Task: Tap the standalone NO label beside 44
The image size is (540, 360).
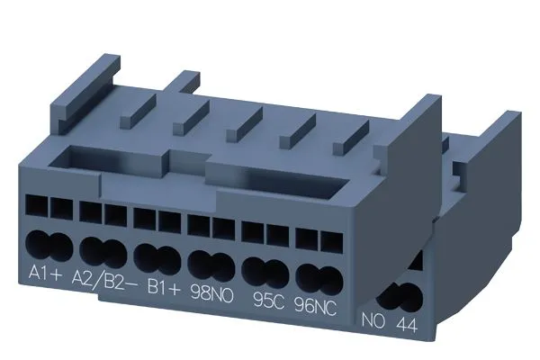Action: (x=372, y=319)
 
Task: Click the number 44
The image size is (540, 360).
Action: (x=405, y=319)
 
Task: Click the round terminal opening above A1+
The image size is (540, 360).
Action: (x=48, y=243)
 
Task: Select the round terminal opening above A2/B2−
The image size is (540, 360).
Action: (x=102, y=247)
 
